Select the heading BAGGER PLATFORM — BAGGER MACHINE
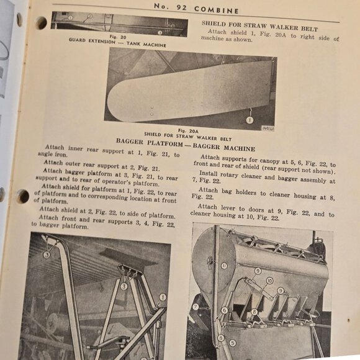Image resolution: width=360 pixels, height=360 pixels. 185,148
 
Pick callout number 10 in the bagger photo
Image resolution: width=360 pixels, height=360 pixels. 269,281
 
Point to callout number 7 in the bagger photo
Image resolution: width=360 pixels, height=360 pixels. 195,306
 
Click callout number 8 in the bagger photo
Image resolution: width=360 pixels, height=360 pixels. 253,312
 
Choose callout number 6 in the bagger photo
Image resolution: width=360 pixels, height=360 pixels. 224,310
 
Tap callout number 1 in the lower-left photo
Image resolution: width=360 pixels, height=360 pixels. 163,297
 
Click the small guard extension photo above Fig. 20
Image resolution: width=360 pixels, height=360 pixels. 119,23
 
